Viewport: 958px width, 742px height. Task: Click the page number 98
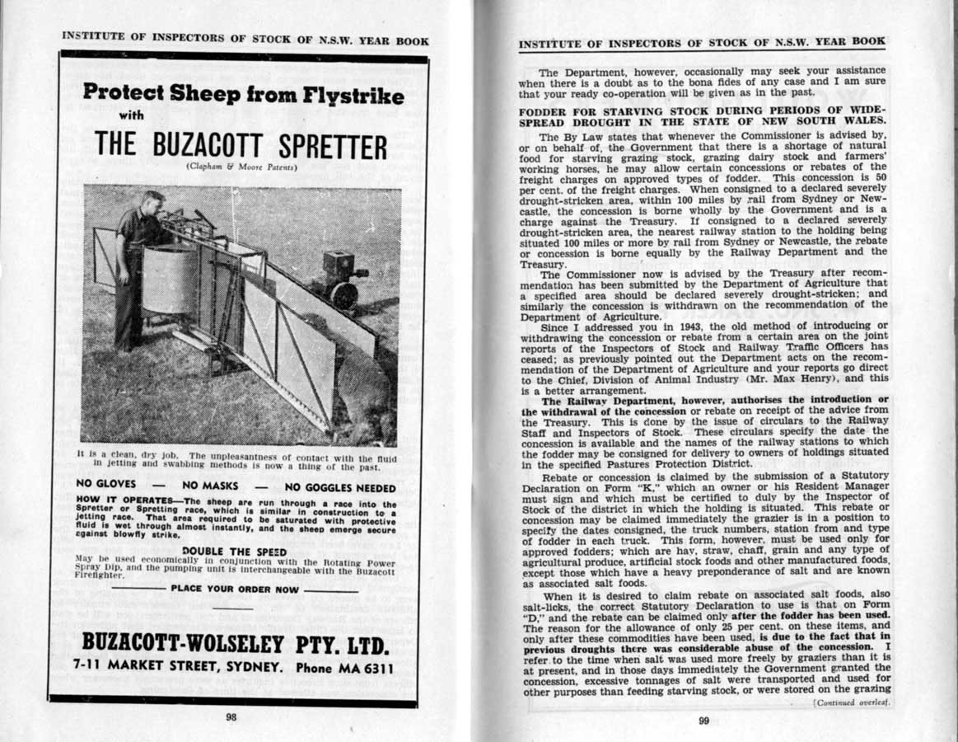tap(231, 717)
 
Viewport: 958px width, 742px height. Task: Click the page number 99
tap(703, 721)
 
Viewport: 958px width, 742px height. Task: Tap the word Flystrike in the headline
tap(352, 96)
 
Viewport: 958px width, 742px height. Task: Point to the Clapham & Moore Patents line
tap(241, 167)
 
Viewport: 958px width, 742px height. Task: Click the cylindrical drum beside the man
tap(170, 278)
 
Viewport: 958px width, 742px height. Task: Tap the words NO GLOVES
tap(105, 484)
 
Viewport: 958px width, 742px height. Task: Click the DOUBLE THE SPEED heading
tap(234, 552)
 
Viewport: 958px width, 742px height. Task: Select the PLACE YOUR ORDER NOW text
tap(235, 589)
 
